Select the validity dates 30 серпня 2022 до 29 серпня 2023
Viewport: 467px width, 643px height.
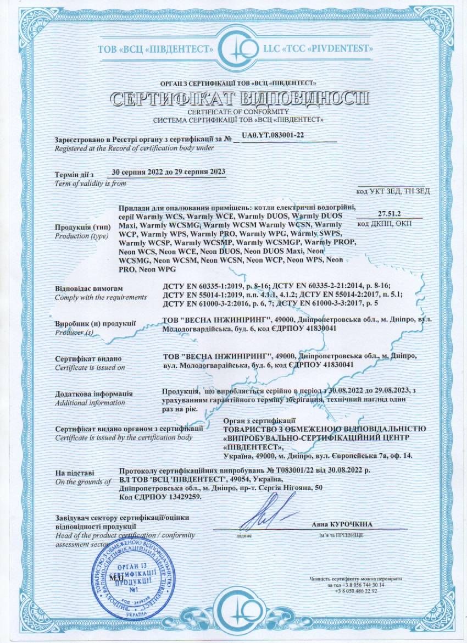pos(168,171)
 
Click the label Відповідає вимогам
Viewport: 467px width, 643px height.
pos(85,289)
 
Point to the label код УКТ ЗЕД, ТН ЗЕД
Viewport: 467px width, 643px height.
pos(393,191)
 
